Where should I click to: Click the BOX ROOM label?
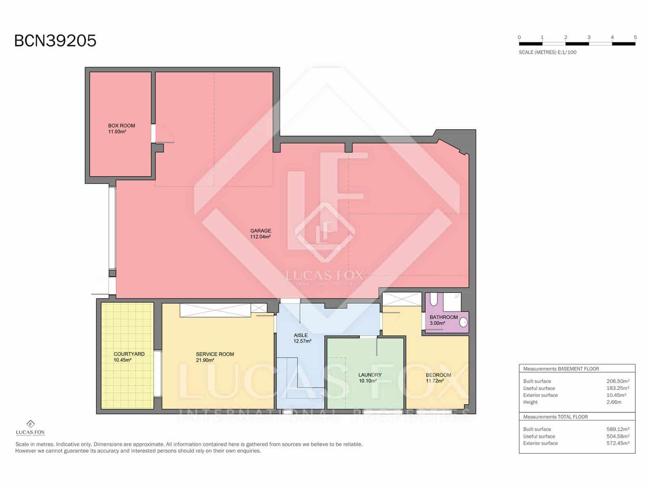[x=121, y=126]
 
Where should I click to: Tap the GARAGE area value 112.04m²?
[x=260, y=237]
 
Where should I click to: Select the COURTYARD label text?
[x=129, y=354]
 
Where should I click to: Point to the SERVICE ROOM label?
[x=215, y=354]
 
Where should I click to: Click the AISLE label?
[x=301, y=335]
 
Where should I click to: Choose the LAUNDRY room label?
[x=370, y=375]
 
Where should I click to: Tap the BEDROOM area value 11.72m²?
[x=435, y=381]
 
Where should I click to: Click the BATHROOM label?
[x=444, y=317]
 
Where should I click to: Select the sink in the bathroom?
[x=463, y=322]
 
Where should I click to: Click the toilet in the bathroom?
[x=433, y=300]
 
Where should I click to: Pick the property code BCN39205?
[x=55, y=41]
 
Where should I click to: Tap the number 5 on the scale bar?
[x=635, y=37]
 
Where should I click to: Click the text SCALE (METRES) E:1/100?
[x=547, y=52]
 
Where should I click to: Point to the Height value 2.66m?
[x=613, y=402]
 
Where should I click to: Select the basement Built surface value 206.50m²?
[x=617, y=381]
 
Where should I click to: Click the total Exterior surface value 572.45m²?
[x=617, y=443]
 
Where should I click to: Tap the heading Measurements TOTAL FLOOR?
[x=555, y=417]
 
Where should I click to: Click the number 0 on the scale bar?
[x=519, y=37]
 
